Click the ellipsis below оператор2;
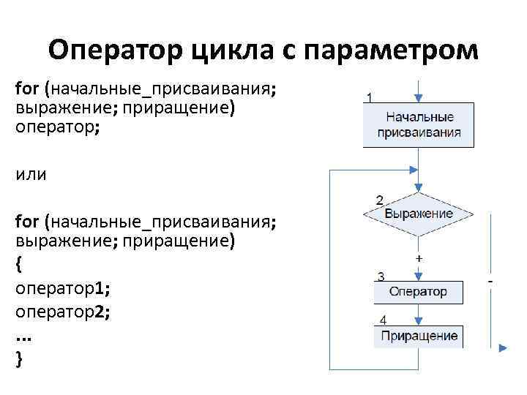[23, 336]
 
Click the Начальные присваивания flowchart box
[419, 125]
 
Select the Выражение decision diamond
[419, 214]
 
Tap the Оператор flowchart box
[419, 292]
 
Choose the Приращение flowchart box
[419, 336]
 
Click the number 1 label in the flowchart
[371, 97]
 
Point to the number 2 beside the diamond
[380, 199]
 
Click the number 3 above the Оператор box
[381, 276]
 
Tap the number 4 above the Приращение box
[384, 320]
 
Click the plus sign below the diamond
[419, 260]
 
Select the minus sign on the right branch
[489, 280]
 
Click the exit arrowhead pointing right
[503, 349]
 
